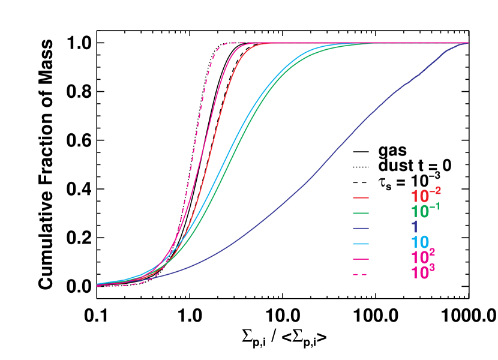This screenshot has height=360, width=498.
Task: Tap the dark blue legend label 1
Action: pos(415,227)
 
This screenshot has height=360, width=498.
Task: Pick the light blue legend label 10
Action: pos(420,243)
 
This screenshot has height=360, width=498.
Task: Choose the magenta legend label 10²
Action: pos(423,258)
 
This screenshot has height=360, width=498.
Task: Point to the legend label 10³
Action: pos(423,273)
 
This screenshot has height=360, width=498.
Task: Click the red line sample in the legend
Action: pos(361,197)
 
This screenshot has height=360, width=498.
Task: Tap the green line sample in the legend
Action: pos(361,213)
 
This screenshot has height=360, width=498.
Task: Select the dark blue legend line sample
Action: pos(361,229)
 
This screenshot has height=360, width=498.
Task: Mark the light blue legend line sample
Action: pos(361,244)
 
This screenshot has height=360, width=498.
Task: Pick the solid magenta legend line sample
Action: pos(361,259)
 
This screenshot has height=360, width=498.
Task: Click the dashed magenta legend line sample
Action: pos(360,274)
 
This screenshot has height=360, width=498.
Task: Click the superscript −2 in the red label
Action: pos(436,191)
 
